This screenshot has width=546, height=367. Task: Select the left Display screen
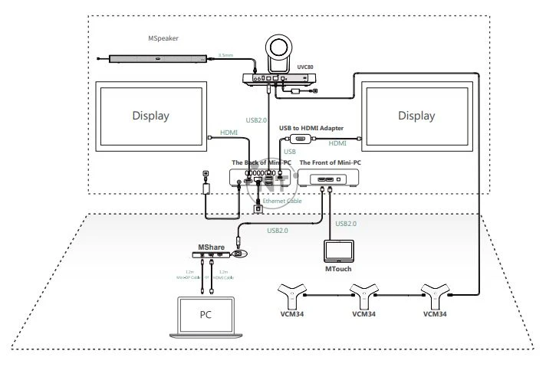point(150,116)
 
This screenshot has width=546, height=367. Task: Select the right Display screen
point(416,116)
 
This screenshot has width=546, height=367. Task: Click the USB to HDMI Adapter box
point(301,139)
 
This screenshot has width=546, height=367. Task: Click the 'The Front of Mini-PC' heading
point(331,162)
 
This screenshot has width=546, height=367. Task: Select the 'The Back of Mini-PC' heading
point(261,162)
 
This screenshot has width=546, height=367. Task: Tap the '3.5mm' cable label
point(225,55)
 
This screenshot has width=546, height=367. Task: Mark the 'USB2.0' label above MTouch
point(347,224)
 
